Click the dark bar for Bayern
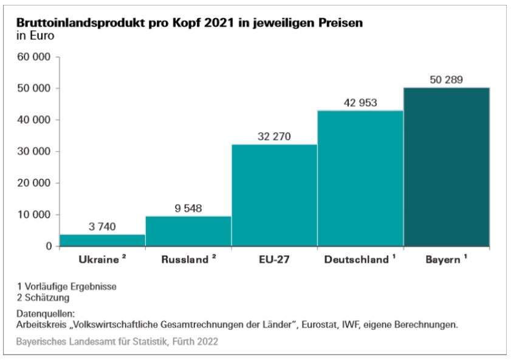pos(447,167)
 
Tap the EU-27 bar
pos(274,195)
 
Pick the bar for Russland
pos(188,231)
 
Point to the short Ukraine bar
pos(102,240)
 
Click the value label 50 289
pos(447,80)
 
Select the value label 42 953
pos(360,103)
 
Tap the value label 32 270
pos(274,136)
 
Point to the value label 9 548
pos(188,208)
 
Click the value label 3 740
pos(102,226)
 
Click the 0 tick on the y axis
pos(47,246)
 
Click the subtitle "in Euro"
pos(35,35)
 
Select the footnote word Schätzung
pos(48,297)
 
